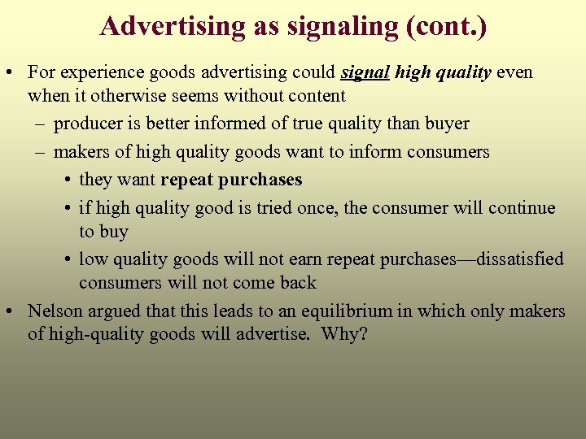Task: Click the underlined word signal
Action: click(x=366, y=72)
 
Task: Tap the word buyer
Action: click(x=446, y=124)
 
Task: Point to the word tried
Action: click(x=278, y=207)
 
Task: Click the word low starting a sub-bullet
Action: click(x=93, y=259)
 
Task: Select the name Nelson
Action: click(x=55, y=311)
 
